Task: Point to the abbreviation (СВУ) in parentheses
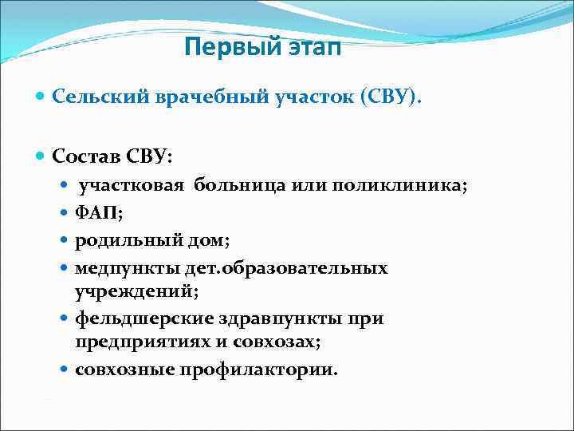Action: [x=389, y=97]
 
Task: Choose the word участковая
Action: [x=132, y=186]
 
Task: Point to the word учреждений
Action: [x=128, y=291]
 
